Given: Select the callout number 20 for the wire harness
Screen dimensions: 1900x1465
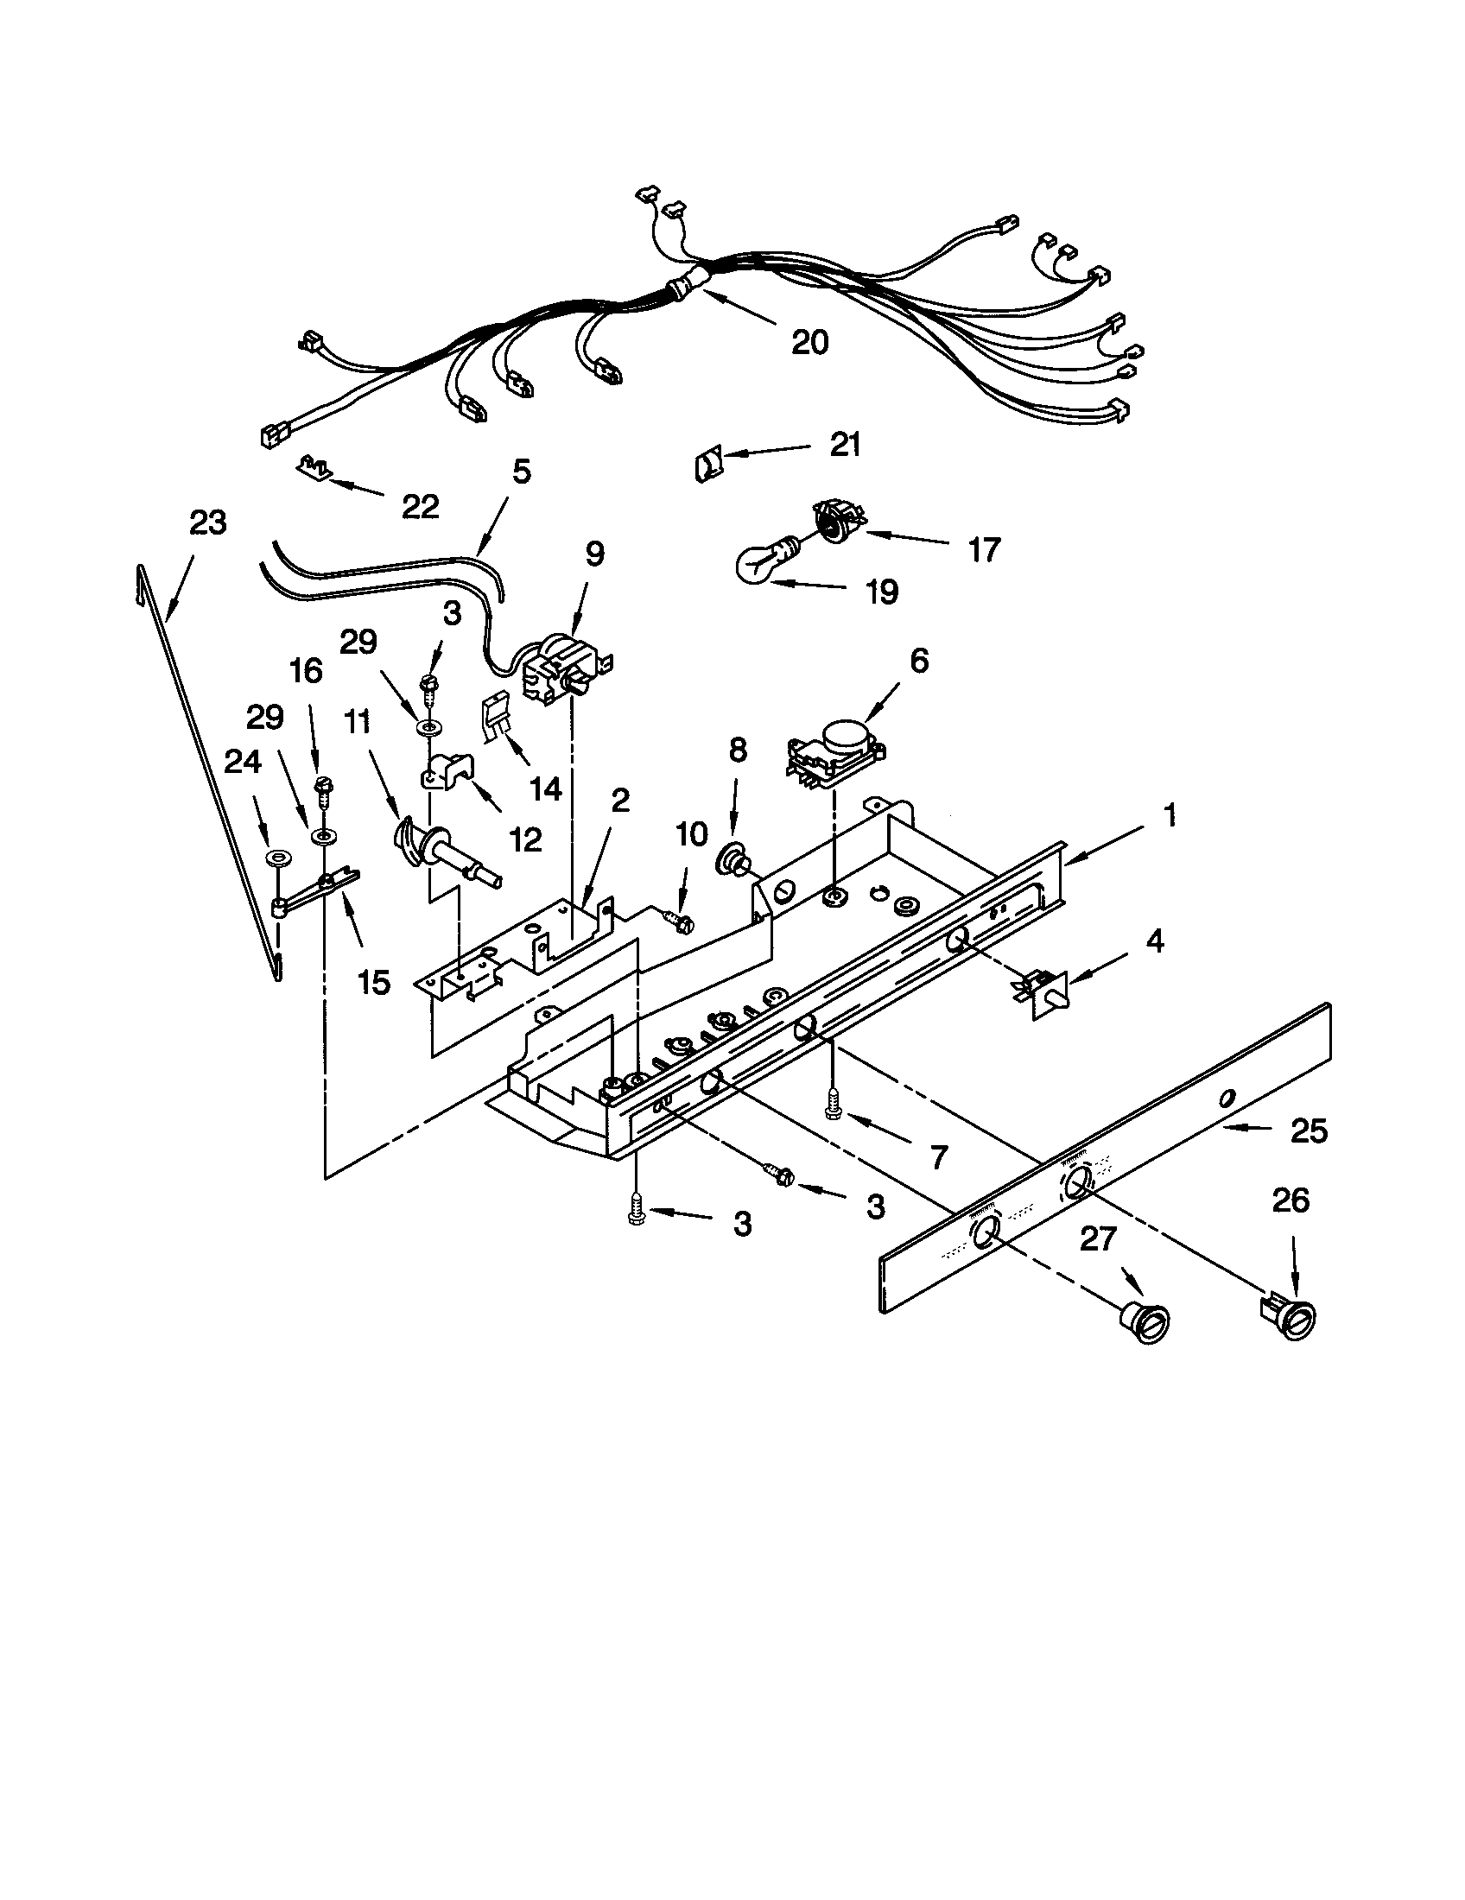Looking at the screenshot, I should pos(809,342).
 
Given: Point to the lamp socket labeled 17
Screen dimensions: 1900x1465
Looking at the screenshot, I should pos(835,519).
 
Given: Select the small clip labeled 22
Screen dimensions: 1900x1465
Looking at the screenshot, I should pos(314,468).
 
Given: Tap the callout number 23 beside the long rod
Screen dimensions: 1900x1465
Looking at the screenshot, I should pos(208,522).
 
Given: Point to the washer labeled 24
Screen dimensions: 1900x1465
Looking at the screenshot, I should pos(279,858).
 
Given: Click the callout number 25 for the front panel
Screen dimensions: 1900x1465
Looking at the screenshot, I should pos(1309,1131).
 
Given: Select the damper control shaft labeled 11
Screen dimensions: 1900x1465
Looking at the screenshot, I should pos(444,852).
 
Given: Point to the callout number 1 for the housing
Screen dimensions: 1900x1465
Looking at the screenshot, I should pos(1170,815).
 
